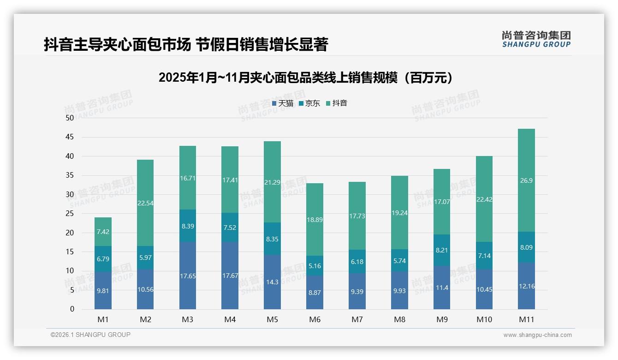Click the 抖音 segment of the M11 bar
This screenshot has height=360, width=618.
click(526, 180)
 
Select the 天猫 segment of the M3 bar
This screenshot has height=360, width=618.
click(188, 276)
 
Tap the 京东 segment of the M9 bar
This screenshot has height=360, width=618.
click(442, 250)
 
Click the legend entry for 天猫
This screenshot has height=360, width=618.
click(283, 103)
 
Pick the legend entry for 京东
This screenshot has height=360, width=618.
click(309, 103)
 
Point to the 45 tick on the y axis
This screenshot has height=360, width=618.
click(70, 137)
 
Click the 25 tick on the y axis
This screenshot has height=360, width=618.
click(70, 214)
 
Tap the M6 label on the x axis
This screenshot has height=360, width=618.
click(315, 319)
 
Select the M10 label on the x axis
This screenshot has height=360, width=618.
click(484, 319)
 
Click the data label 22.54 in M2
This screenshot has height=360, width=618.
click(145, 203)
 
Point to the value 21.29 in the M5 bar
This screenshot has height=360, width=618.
click(272, 182)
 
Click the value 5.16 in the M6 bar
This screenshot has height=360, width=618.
click(315, 266)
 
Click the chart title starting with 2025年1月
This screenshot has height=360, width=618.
click(305, 78)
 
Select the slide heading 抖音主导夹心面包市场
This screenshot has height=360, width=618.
click(186, 45)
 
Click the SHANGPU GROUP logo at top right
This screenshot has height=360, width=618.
click(536, 39)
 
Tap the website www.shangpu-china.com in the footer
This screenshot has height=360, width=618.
click(537, 335)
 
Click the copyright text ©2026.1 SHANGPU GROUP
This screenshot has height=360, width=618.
click(90, 335)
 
